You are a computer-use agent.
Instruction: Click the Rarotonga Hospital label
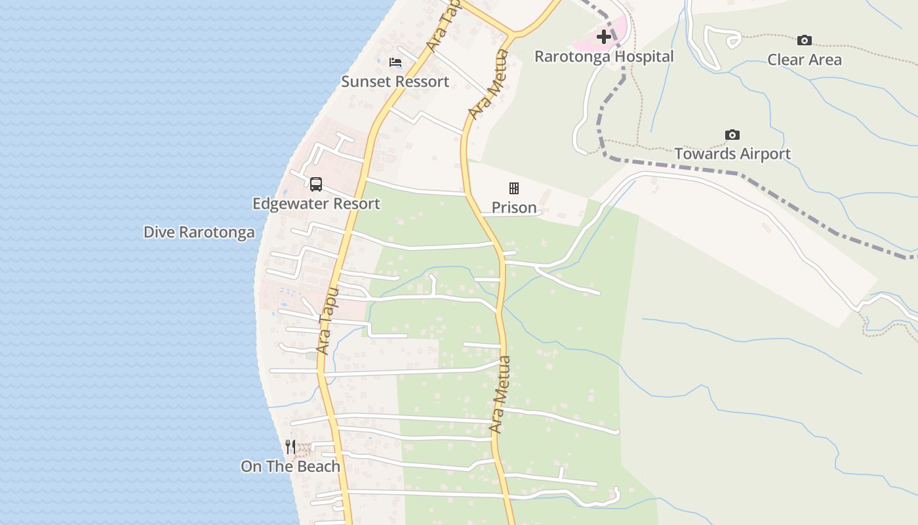604,56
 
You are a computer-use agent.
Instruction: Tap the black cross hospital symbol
604,37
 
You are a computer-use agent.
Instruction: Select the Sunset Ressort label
395,81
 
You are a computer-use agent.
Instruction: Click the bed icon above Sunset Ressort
395,62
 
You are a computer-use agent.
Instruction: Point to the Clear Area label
805,60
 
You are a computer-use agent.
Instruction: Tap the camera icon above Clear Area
805,41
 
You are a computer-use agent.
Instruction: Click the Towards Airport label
732,154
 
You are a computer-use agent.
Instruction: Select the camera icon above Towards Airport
732,135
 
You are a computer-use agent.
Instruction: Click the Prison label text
514,208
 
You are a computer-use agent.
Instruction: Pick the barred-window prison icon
514,189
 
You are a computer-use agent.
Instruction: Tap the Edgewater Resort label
316,203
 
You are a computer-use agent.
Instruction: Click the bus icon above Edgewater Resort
316,184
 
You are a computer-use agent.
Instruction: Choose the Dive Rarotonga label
199,232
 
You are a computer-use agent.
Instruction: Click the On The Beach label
290,467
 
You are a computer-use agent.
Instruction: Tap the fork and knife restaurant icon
290,447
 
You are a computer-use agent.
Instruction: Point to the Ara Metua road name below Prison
500,394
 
